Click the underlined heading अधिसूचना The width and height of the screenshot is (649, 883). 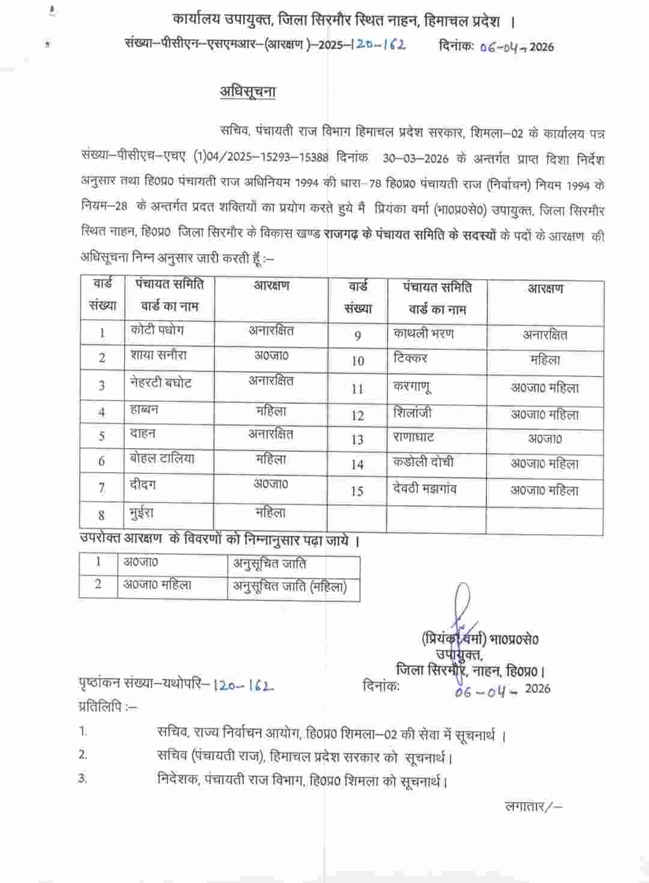tap(247, 92)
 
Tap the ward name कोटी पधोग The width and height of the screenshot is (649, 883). tap(157, 330)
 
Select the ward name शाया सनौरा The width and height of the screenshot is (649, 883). tap(158, 355)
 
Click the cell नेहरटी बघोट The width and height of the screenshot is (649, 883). tap(160, 383)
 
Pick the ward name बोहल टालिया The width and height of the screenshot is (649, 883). tap(162, 459)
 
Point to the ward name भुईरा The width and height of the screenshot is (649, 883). tap(142, 514)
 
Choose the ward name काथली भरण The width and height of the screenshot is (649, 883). tap(424, 333)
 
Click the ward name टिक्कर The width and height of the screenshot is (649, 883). tap(410, 358)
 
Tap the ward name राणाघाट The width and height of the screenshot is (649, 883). tap(413, 437)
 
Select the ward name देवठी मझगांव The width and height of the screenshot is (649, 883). tap(425, 488)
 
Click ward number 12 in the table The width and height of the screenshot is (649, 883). tap(358, 415)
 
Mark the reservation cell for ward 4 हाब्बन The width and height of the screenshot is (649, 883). tap(270, 411)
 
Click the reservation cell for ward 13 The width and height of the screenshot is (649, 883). tap(544, 438)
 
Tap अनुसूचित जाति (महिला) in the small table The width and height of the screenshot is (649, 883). tap(290, 586)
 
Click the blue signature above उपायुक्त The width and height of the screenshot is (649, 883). tap(464, 614)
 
